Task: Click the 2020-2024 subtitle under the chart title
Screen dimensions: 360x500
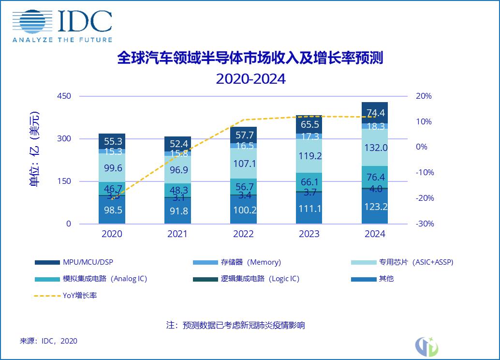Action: coord(250,78)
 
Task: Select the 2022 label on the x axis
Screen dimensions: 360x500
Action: coord(243,234)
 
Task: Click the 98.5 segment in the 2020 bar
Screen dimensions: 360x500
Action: coord(112,210)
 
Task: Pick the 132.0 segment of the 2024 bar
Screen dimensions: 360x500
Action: coord(375,148)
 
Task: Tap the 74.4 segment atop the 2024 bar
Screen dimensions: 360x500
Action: coord(375,113)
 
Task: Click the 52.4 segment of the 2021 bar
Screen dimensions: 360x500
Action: coord(177,144)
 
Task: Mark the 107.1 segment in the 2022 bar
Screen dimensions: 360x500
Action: coord(243,164)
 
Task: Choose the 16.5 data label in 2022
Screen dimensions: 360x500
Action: coord(243,146)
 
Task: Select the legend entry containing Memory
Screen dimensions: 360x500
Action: coord(237,262)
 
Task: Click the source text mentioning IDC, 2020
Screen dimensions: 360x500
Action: coord(48,341)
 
